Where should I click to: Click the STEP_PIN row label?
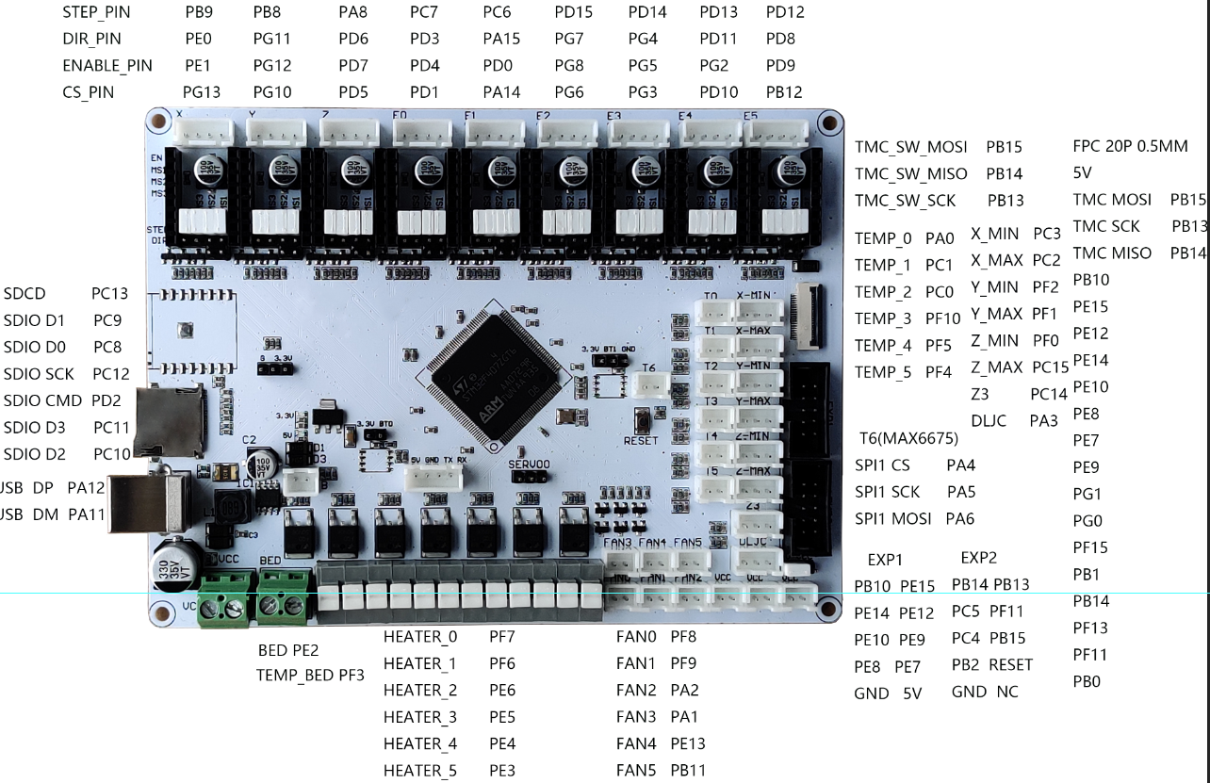tap(96, 12)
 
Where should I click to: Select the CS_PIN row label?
tap(88, 92)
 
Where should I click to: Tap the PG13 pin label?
tap(202, 92)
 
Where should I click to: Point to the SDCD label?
tap(25, 294)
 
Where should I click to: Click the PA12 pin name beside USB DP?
tap(87, 488)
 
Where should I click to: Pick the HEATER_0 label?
tap(420, 637)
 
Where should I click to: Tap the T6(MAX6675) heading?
tap(908, 438)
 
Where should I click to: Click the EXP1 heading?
tap(885, 560)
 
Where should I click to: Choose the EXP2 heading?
tap(978, 558)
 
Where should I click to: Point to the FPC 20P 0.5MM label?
tap(1130, 147)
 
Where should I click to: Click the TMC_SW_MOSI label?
tap(910, 147)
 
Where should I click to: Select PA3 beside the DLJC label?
tap(1043, 421)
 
